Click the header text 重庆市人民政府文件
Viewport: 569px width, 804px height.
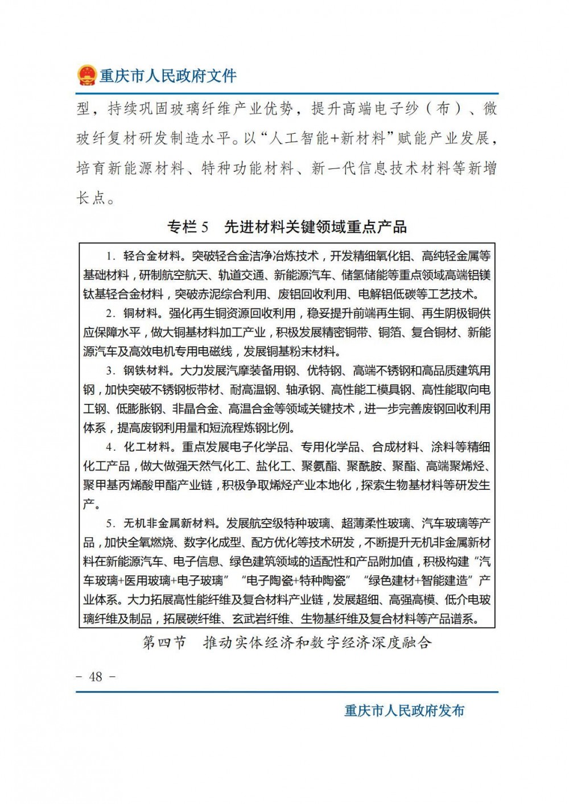click(x=168, y=76)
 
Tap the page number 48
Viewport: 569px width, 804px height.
click(x=96, y=676)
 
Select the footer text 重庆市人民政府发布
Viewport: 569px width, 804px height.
click(x=405, y=711)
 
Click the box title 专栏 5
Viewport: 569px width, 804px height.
click(x=188, y=227)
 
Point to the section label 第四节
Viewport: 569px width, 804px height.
click(x=164, y=643)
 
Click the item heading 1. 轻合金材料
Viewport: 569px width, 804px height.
click(x=145, y=256)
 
